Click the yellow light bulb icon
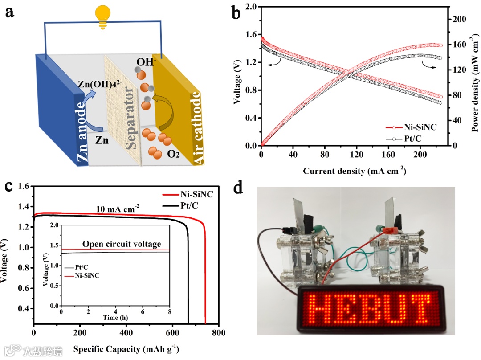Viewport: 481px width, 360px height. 103,17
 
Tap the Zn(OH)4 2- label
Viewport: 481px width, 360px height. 111,84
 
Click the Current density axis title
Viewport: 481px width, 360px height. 355,171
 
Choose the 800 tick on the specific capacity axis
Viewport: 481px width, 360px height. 218,332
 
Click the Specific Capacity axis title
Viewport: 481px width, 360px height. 126,348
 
